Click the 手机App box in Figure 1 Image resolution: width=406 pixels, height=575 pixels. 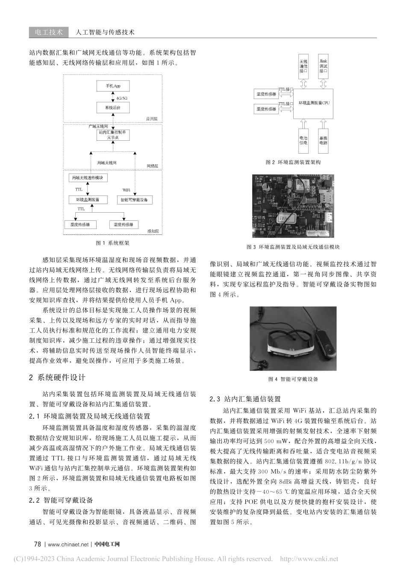pos(113,86)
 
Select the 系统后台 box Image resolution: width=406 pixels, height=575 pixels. pos(113,107)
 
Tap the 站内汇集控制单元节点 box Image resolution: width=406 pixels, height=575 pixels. pos(113,135)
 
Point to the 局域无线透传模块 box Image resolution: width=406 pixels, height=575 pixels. pos(88,178)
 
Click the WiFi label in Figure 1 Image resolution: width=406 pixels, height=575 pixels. pos(127,190)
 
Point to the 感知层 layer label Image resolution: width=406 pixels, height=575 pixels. pos(153,231)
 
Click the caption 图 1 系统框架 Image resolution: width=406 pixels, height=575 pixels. pos(113,243)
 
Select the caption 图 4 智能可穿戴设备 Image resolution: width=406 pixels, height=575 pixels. pos(293,379)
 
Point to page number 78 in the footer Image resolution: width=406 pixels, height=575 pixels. pos(37,544)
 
